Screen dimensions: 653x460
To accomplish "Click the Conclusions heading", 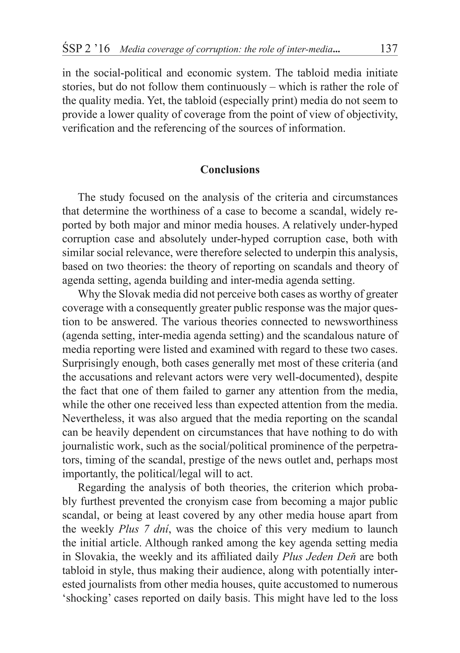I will pyautogui.click(x=230, y=170).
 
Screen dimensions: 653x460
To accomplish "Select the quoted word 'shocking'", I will pyautogui.click(x=87, y=598).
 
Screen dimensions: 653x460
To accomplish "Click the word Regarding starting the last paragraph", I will pyautogui.click(x=101, y=487).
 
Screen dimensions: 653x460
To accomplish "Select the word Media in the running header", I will pyautogui.click(x=132, y=50).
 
